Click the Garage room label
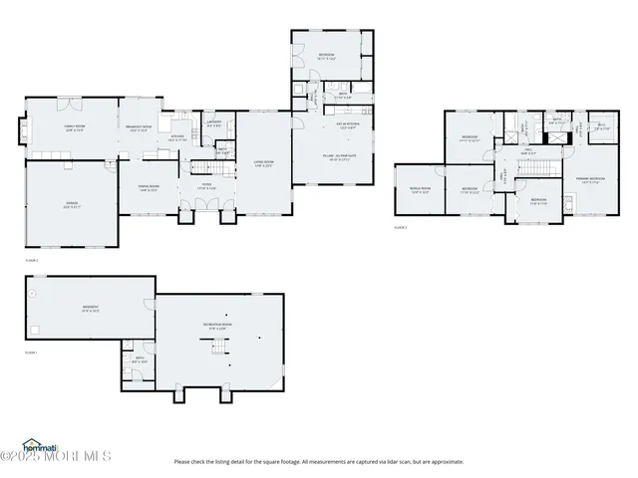tap(72, 204)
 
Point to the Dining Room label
tap(149, 188)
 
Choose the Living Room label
tap(263, 163)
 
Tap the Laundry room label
tap(213, 124)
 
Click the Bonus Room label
tap(420, 189)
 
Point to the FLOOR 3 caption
tap(401, 228)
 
